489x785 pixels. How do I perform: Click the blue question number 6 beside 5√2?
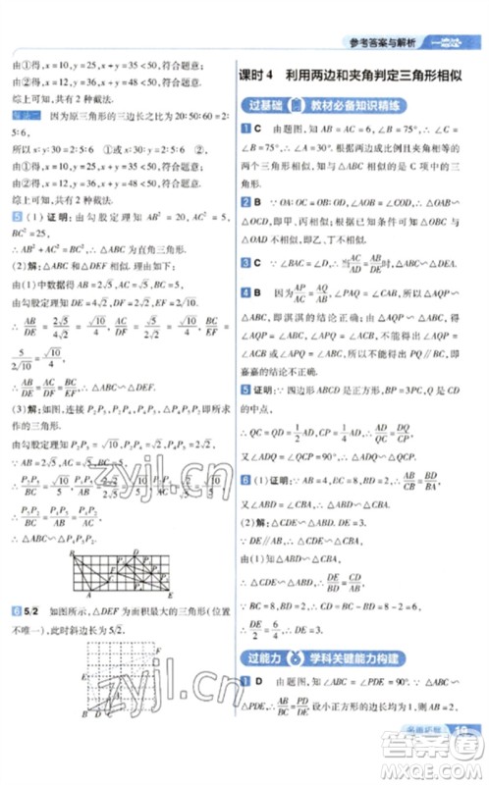click(15, 612)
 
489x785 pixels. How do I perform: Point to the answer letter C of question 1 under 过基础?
click(256, 130)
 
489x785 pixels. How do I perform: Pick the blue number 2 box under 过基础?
click(244, 200)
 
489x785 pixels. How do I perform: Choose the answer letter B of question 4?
click(256, 291)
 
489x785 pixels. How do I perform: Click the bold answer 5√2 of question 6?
click(32, 612)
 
